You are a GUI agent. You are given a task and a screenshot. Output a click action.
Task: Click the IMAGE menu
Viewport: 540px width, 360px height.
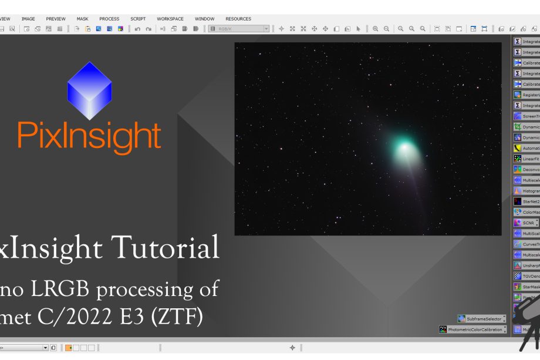pyautogui.click(x=28, y=19)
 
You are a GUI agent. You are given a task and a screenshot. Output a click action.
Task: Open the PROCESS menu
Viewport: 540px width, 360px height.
pyautogui.click(x=109, y=19)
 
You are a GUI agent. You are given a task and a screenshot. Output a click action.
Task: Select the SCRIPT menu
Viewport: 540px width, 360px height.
pyautogui.click(x=138, y=19)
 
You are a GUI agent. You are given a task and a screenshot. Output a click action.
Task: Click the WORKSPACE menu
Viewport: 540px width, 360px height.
pyautogui.click(x=170, y=19)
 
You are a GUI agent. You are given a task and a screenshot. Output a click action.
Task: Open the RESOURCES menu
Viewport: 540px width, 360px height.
pyautogui.click(x=238, y=19)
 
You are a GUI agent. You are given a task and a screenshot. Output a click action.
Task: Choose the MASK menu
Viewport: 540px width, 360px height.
pyautogui.click(x=82, y=19)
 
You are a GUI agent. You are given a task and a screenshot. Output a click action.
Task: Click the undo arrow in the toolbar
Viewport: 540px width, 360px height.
pyautogui.click(x=137, y=29)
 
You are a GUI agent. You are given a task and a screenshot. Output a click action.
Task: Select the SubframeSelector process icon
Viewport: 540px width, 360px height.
pyautogui.click(x=481, y=319)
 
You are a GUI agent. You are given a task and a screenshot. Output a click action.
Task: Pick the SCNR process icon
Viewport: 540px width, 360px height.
pyautogui.click(x=526, y=223)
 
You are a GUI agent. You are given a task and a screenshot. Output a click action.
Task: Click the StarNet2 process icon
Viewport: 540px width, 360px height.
pyautogui.click(x=526, y=201)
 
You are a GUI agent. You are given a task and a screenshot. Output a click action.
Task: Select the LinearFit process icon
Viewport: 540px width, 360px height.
pyautogui.click(x=526, y=159)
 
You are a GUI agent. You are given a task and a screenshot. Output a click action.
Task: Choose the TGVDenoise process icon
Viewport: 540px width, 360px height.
pyautogui.click(x=526, y=276)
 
